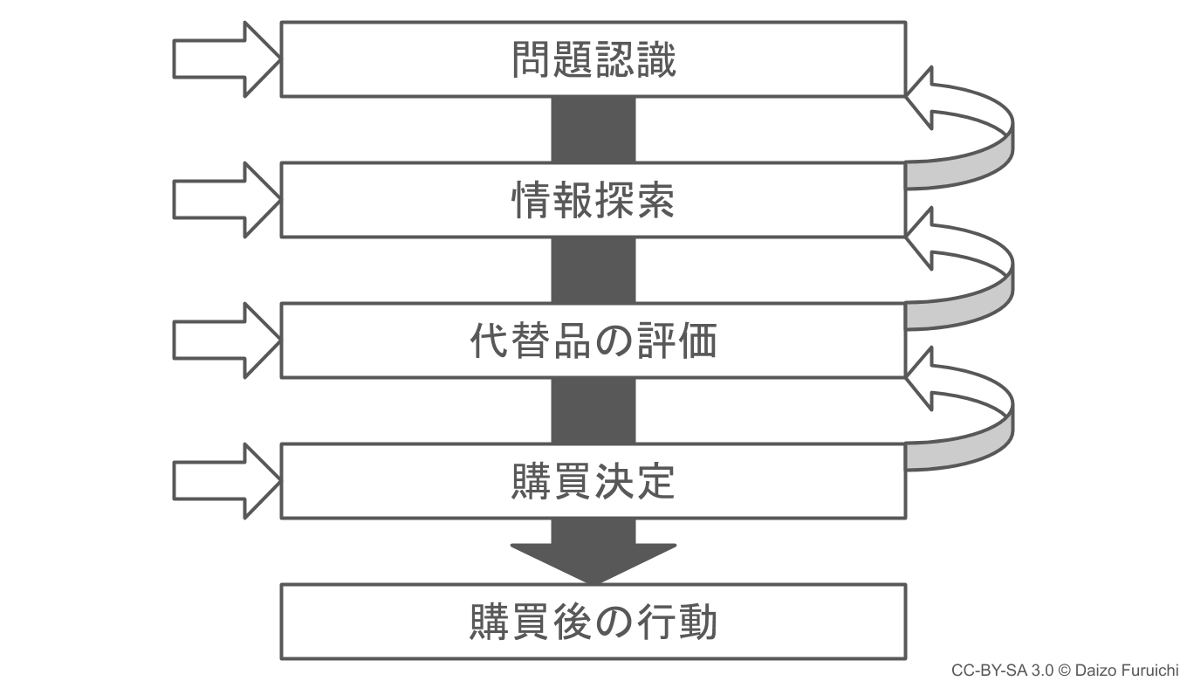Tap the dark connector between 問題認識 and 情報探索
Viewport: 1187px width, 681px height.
(593, 129)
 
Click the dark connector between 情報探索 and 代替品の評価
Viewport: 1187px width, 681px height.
(593, 270)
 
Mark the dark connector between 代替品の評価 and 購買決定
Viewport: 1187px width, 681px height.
(593, 410)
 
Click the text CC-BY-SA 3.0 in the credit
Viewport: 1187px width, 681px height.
(1003, 670)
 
